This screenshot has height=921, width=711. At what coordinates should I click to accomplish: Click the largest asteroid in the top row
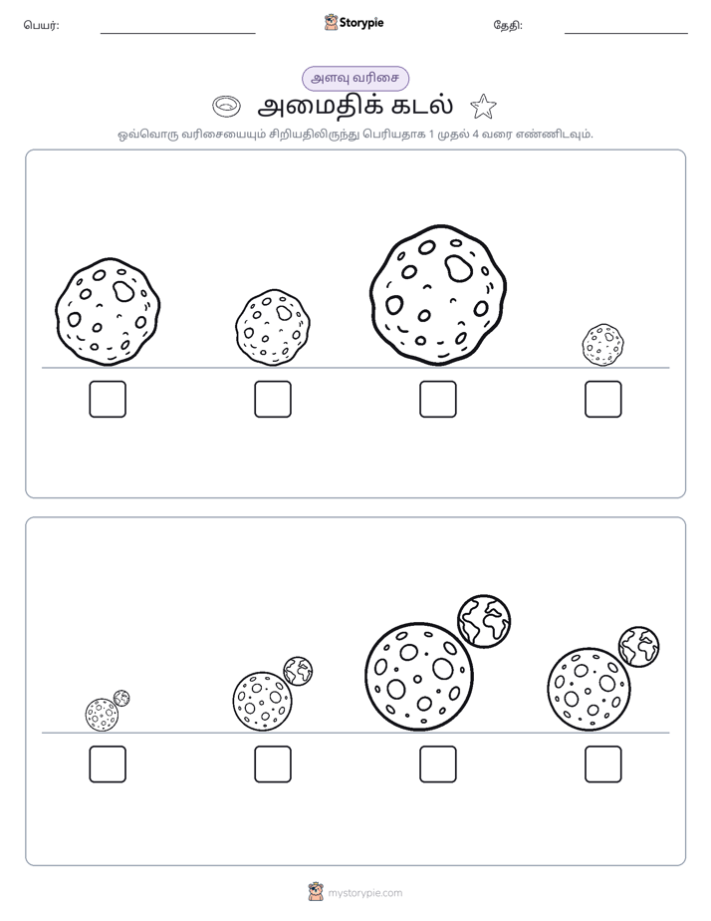[438, 295]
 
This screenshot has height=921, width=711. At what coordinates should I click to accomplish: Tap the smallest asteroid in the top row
[603, 345]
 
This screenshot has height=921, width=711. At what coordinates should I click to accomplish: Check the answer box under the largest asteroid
[437, 400]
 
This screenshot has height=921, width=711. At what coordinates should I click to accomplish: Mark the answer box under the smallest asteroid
[603, 400]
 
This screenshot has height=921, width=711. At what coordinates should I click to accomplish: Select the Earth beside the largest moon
[484, 621]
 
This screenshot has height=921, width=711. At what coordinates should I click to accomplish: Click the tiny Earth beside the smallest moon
[121, 699]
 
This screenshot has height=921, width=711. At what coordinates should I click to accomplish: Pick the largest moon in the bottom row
[419, 677]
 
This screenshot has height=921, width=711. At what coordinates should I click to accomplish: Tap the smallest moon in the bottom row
[102, 715]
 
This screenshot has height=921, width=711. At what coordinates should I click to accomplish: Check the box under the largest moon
[437, 765]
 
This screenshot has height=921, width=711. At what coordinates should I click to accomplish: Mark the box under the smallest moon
[108, 765]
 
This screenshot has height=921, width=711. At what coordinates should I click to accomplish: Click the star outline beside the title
[483, 107]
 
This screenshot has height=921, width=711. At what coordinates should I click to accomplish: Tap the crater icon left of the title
[226, 107]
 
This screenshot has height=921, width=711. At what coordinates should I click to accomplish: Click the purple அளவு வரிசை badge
[355, 78]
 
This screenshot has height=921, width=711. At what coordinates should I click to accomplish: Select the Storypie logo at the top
[354, 23]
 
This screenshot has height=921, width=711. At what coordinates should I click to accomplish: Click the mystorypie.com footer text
[364, 893]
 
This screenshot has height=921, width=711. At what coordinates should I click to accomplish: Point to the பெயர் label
[41, 25]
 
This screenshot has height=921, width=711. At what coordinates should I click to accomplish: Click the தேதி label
[508, 25]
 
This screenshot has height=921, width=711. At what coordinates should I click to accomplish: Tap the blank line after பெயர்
[177, 34]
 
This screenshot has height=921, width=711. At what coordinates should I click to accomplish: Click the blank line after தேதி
[626, 34]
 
